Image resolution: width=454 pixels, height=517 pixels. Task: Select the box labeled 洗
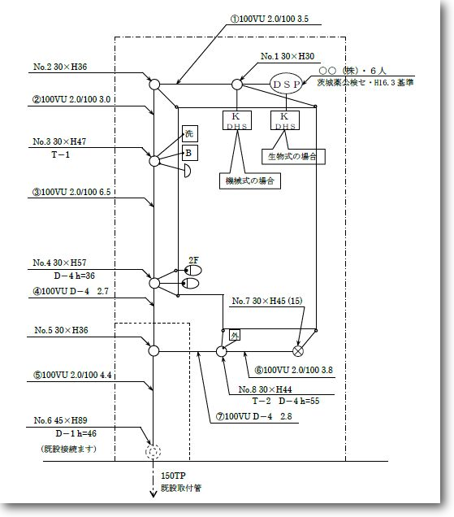190,133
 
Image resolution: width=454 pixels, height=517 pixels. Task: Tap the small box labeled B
190,153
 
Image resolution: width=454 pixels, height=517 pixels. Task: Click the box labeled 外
235,336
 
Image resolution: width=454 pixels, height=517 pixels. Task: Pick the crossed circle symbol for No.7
298,351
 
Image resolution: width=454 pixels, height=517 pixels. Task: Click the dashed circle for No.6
153,451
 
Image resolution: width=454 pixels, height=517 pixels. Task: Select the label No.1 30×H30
288,56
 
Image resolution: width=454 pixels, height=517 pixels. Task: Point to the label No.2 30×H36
60,67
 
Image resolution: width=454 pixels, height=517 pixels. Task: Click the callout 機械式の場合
250,180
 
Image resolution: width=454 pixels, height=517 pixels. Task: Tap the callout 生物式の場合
293,156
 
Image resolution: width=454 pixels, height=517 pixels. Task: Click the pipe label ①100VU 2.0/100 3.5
270,19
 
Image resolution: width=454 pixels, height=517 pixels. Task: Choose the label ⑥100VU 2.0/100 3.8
294,370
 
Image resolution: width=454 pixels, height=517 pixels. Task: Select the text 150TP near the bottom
173,476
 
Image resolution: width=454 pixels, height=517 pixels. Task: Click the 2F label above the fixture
194,260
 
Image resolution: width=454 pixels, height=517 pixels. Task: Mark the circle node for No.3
154,161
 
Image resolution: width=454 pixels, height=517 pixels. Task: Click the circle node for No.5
153,350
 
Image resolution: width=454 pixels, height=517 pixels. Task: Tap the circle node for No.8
222,351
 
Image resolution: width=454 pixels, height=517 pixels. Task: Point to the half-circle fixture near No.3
187,171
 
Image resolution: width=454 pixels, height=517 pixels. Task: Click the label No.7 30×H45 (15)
267,301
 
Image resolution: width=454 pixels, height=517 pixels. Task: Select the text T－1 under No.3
61,154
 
